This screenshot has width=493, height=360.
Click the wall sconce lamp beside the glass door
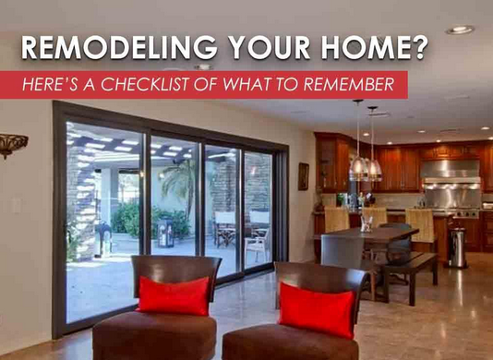pos(13,144)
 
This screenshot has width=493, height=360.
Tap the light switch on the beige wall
pos(16,207)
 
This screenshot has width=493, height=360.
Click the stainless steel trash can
pos(457,246)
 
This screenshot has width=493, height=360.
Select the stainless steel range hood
pos(451,169)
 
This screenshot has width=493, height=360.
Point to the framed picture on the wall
pos(303,176)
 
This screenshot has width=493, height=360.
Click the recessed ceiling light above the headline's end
pos(459,30)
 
